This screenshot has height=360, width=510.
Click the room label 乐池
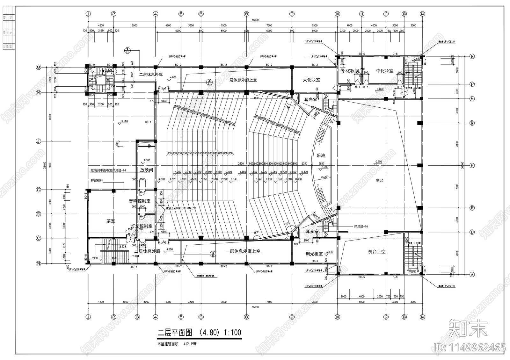click(x=321, y=155)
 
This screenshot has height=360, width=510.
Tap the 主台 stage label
click(x=379, y=181)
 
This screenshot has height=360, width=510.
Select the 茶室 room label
click(x=111, y=221)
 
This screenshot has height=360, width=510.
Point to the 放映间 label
click(x=146, y=170)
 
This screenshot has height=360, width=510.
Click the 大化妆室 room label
click(x=311, y=80)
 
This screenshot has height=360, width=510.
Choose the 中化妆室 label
click(x=384, y=71)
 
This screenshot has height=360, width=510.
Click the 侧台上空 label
click(x=377, y=251)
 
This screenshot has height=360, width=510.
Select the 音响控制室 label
click(x=139, y=201)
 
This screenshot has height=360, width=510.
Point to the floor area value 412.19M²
click(x=190, y=344)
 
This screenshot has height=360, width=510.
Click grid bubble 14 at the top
click(x=422, y=14)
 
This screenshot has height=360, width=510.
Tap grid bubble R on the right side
click(x=472, y=56)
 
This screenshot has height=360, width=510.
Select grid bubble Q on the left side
click(x=39, y=67)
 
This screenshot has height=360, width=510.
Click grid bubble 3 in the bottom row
click(x=137, y=317)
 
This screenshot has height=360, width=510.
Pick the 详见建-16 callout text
click(x=361, y=227)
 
